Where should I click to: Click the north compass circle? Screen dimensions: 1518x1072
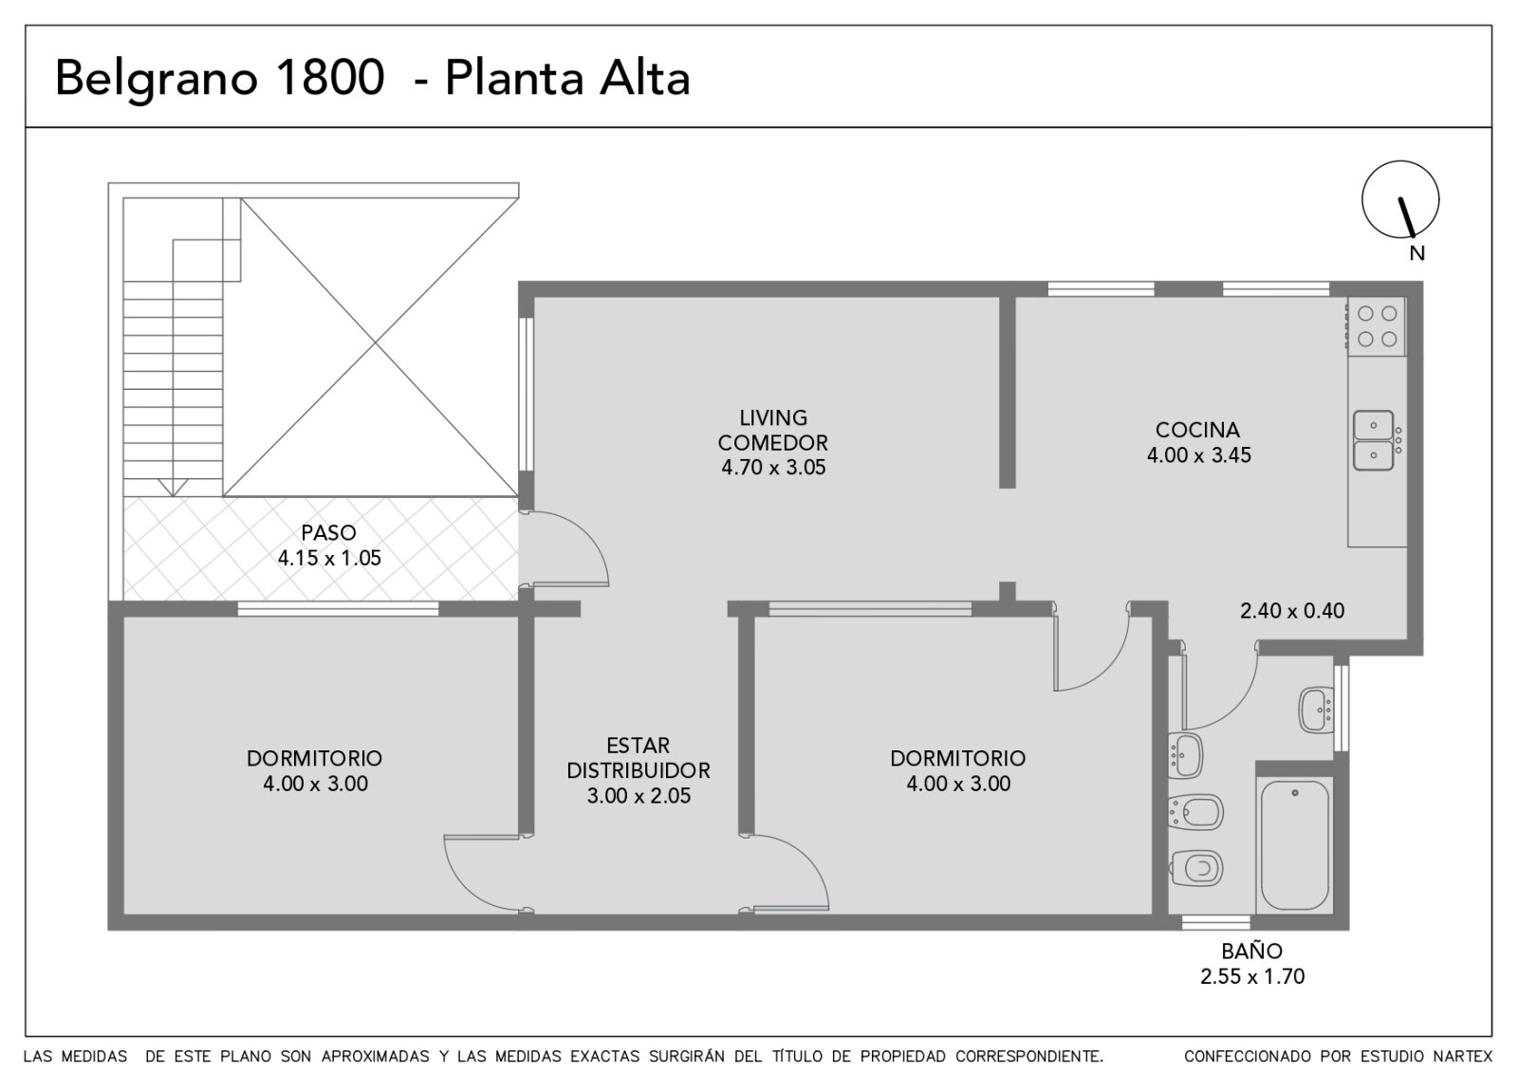[x=1362, y=199]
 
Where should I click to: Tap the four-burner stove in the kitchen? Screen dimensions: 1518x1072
[x=1377, y=326]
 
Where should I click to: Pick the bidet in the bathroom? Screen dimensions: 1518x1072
[x=1196, y=812]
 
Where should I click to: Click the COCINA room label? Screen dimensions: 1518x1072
[x=1197, y=430]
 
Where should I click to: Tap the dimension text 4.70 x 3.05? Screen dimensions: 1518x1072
[x=773, y=468]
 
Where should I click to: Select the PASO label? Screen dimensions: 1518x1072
[x=328, y=532]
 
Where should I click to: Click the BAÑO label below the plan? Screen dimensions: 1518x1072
[x=1251, y=952]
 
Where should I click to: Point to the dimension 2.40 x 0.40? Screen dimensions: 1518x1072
[x=1291, y=611]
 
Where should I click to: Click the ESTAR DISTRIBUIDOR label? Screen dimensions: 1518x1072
[x=639, y=758]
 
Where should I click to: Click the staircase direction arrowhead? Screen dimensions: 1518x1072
[x=173, y=488]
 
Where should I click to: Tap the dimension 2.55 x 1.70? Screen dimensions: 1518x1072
[x=1251, y=976]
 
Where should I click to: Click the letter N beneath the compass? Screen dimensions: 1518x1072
[x=1417, y=253]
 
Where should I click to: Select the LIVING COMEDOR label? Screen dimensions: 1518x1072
[x=773, y=430]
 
